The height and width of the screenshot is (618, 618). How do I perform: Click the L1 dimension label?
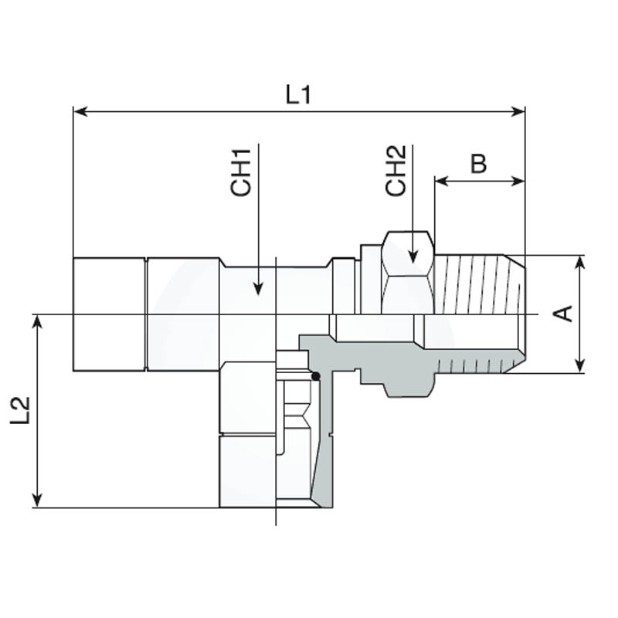pyautogui.click(x=297, y=94)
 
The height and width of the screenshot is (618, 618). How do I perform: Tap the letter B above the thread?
pyautogui.click(x=479, y=164)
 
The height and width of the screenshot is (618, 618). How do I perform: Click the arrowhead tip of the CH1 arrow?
pyautogui.click(x=258, y=293)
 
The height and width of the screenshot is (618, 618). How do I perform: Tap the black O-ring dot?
pyautogui.click(x=315, y=376)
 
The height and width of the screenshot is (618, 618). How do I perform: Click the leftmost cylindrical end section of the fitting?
pyautogui.click(x=108, y=314)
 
